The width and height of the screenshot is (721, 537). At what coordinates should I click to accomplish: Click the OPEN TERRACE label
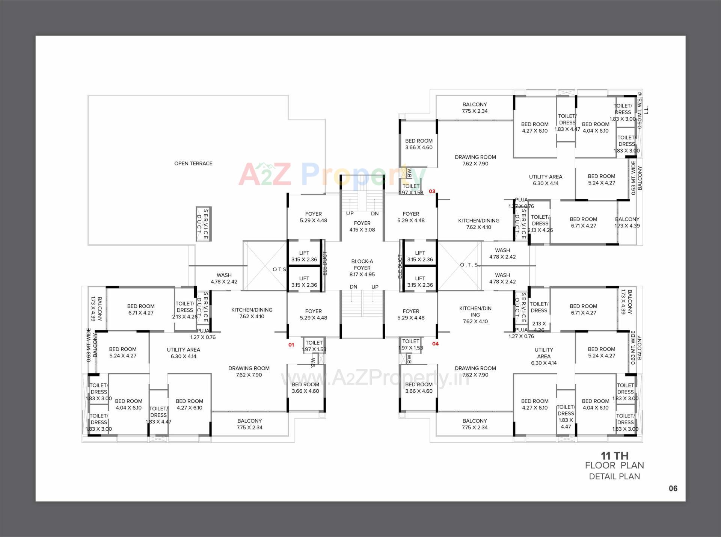pyautogui.click(x=193, y=163)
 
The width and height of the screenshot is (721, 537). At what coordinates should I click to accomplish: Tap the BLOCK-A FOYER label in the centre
pyautogui.click(x=362, y=268)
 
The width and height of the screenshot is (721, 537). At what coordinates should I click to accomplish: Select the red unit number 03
pyautogui.click(x=432, y=191)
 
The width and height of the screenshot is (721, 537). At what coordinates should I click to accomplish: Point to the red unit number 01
pyautogui.click(x=291, y=345)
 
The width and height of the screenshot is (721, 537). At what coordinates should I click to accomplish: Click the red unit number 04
pyautogui.click(x=435, y=343)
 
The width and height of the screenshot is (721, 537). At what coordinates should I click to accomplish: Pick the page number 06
pyautogui.click(x=673, y=489)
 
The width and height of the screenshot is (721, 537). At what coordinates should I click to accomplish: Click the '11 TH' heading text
pyautogui.click(x=614, y=455)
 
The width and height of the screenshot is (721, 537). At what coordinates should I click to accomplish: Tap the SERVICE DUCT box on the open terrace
pyautogui.click(x=203, y=224)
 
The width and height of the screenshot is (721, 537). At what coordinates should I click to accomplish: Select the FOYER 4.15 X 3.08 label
pyautogui.click(x=362, y=226)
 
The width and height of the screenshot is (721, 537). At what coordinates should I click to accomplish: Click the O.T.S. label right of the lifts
pyautogui.click(x=470, y=265)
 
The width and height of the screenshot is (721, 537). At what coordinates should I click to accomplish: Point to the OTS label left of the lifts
pyautogui.click(x=279, y=269)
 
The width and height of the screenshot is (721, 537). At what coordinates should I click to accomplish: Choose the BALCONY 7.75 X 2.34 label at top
pyautogui.click(x=475, y=107)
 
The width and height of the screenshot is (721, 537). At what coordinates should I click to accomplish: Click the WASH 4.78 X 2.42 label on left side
pyautogui.click(x=224, y=278)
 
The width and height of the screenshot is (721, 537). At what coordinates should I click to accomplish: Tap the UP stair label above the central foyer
pyautogui.click(x=350, y=213)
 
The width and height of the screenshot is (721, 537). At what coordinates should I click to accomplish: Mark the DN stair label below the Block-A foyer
pyautogui.click(x=353, y=287)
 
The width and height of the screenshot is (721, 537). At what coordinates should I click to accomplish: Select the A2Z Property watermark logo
pyautogui.click(x=332, y=174)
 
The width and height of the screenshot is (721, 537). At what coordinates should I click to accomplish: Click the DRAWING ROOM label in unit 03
pyautogui.click(x=475, y=160)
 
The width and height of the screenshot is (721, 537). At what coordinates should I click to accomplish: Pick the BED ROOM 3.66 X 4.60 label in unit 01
pyautogui.click(x=305, y=388)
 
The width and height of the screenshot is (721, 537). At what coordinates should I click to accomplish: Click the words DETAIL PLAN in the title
pyautogui.click(x=614, y=476)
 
